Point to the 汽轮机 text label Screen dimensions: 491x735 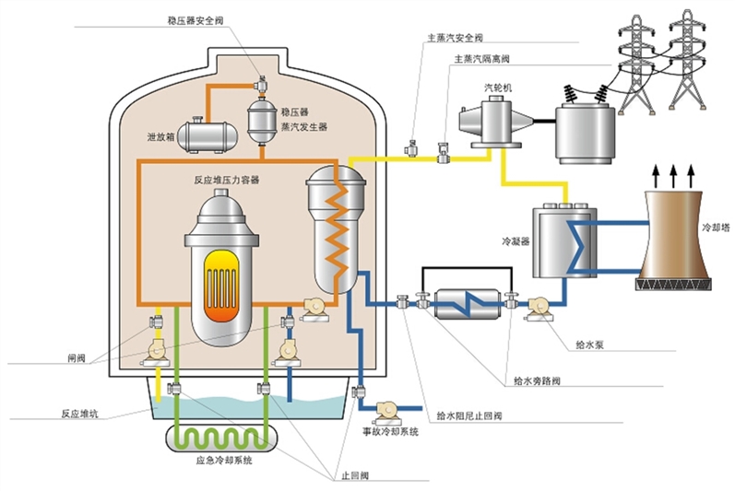tap(499, 88)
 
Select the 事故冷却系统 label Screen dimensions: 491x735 tap(388, 430)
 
